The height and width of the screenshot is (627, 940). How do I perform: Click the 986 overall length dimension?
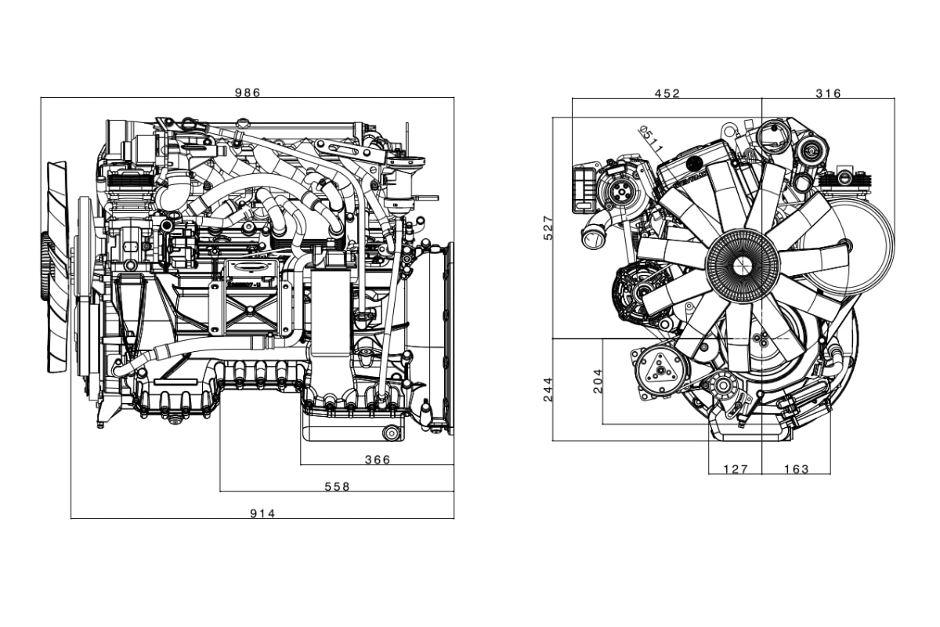tap(248, 92)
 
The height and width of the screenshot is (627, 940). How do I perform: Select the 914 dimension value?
tap(262, 513)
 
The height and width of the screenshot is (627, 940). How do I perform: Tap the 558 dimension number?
tap(337, 487)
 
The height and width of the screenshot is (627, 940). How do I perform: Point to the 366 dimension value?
tap(378, 460)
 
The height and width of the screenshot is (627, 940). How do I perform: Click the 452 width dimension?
tap(667, 93)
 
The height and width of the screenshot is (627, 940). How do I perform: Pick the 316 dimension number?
tap(829, 93)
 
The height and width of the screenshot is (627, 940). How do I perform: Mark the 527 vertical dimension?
tap(548, 227)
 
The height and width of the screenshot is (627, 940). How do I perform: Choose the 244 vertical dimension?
tap(548, 390)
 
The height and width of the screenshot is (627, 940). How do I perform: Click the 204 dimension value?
tap(598, 381)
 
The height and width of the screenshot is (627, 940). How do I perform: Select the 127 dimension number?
tap(736, 469)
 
